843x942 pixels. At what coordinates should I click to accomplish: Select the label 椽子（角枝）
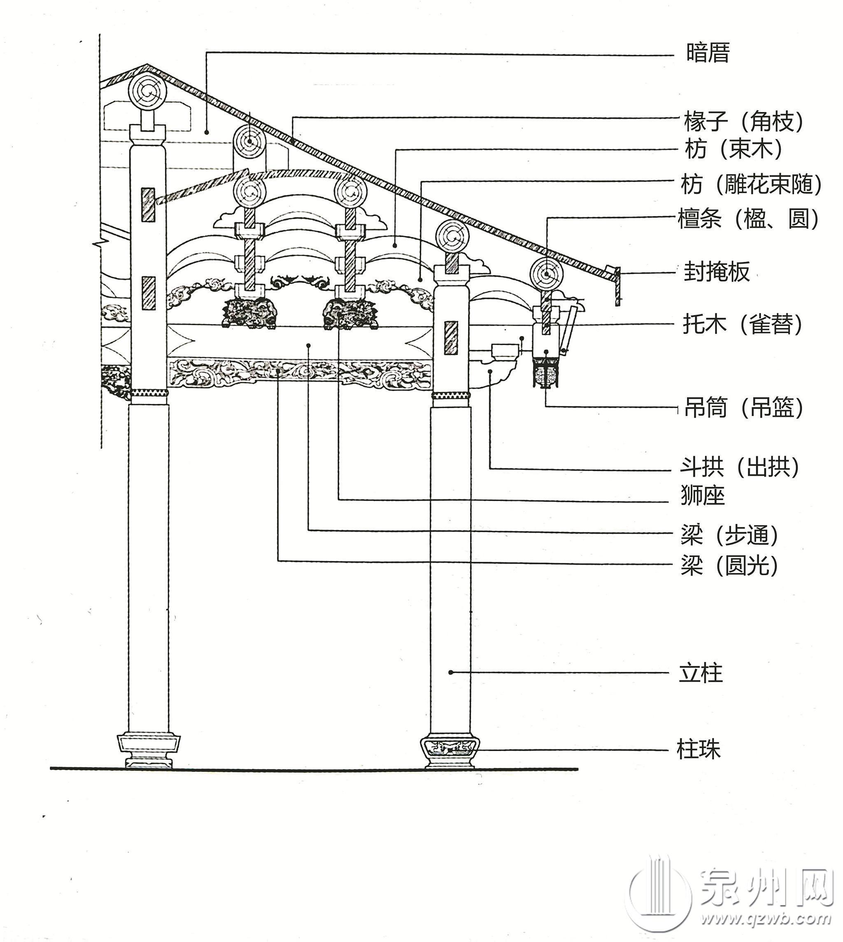click(744, 122)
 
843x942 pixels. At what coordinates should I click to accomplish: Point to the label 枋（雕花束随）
click(751, 185)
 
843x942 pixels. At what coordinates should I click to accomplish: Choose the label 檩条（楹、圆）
click(748, 219)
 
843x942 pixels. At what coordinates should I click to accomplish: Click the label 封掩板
click(716, 272)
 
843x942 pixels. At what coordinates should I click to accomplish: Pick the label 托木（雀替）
click(743, 324)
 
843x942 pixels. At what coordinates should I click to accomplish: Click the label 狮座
click(702, 495)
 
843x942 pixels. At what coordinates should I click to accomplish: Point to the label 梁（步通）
click(729, 536)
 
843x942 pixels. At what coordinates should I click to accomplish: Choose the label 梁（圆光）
click(729, 565)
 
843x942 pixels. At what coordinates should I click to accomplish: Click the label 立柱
click(700, 673)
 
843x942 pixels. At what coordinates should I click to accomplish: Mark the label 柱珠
click(699, 749)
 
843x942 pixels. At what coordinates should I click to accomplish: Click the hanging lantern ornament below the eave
click(547, 373)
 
